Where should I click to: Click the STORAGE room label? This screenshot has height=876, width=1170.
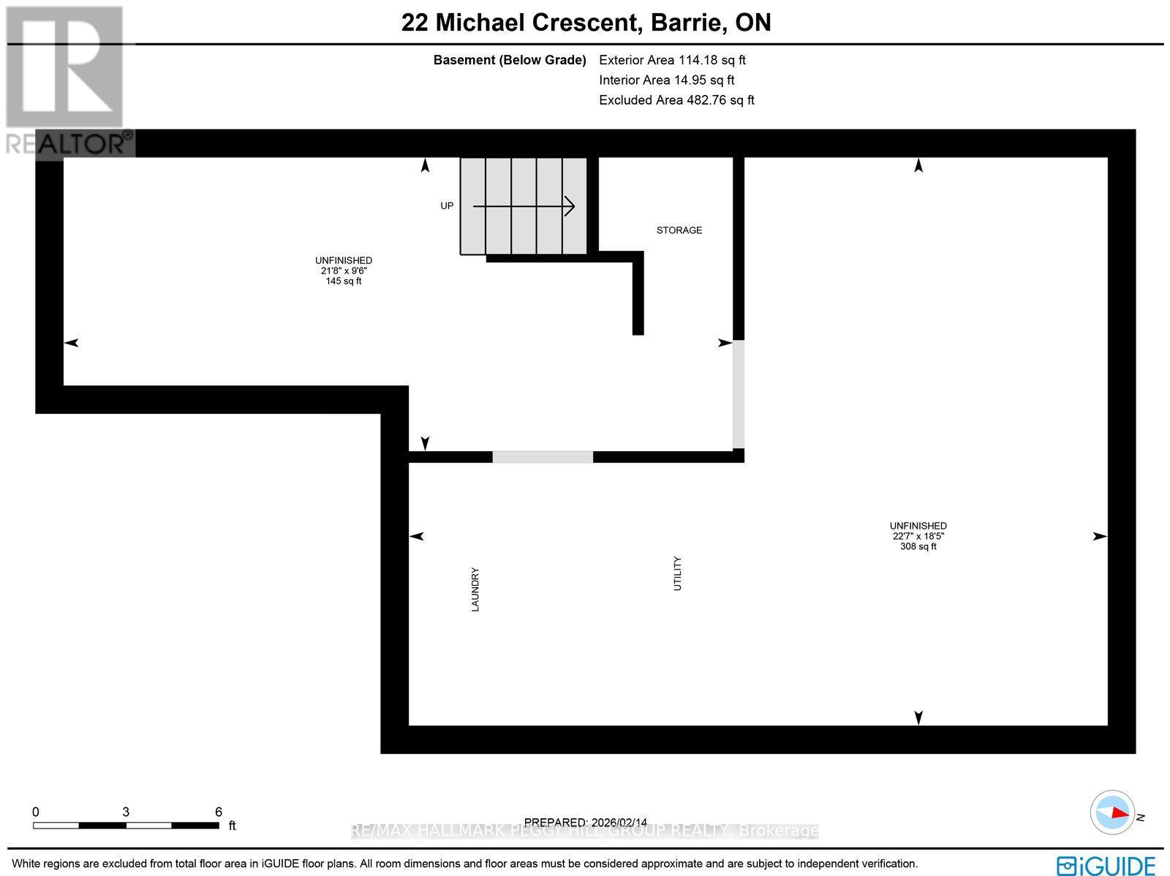[679, 230]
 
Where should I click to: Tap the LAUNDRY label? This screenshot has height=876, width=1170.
[475, 589]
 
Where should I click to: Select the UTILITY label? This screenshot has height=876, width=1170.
[678, 574]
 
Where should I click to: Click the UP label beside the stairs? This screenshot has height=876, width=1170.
[447, 206]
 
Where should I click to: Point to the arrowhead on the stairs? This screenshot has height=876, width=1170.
[570, 207]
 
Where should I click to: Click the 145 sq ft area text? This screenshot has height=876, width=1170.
[344, 282]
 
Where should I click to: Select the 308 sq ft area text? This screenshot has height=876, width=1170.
[918, 546]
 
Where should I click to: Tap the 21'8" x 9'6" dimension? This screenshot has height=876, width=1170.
[344, 271]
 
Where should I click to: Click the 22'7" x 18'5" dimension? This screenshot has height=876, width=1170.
[918, 536]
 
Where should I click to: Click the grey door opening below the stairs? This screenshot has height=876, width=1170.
[543, 457]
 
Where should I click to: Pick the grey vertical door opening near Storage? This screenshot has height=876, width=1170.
[739, 395]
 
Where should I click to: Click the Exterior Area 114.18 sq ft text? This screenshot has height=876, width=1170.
[672, 61]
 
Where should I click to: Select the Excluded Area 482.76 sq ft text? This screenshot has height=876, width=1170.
[676, 100]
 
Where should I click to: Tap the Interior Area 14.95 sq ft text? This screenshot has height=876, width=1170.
[666, 80]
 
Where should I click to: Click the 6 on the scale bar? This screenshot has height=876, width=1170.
[218, 812]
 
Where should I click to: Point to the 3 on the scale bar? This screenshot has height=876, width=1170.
[126, 812]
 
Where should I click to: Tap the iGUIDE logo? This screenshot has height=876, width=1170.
[1106, 865]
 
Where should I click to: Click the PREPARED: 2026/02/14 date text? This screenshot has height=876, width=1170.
[586, 823]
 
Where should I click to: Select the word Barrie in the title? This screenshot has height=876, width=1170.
[685, 23]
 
